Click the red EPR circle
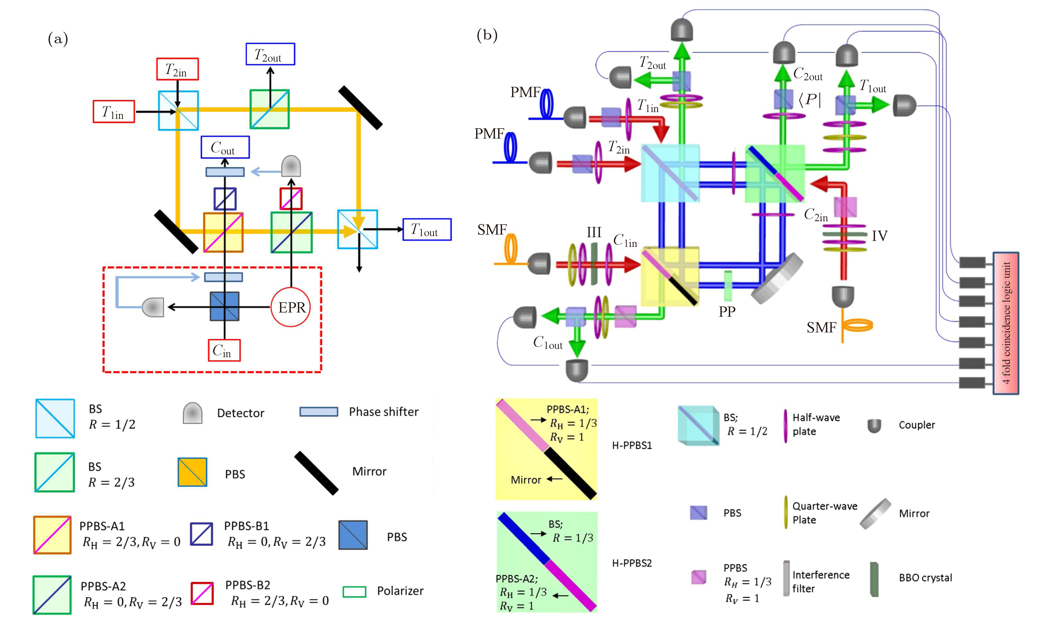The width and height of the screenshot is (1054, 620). coord(291,307)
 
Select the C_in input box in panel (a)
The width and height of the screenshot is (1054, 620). coord(224,350)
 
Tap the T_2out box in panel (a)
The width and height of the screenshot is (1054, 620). coord(270,54)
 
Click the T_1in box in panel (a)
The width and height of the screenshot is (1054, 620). coord(114,112)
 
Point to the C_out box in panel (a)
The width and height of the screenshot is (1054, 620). coord(225,147)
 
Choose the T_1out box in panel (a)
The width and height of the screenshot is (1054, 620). coord(427,230)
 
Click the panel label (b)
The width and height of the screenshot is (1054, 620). coord(487,35)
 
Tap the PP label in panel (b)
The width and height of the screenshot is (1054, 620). coord(727,311)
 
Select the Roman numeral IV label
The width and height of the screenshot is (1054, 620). coord(879,236)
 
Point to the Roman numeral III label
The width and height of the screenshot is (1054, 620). coord(593,232)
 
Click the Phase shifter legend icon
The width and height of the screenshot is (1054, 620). coord(319,412)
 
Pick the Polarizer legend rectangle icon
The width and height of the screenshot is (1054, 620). coord(354,592)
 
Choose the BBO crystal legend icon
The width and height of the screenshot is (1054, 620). coord(874,579)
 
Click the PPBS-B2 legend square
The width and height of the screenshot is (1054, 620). coord(202,594)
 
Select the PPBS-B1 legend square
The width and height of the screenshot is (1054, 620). coord(202,534)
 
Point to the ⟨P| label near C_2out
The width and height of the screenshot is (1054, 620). coord(809,99)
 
